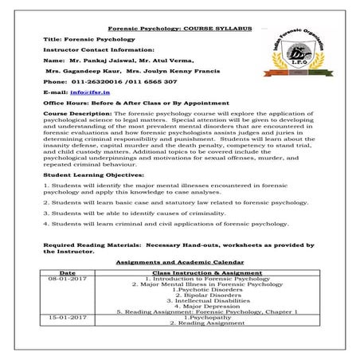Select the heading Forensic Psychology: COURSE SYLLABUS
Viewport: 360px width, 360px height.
(179, 28)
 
